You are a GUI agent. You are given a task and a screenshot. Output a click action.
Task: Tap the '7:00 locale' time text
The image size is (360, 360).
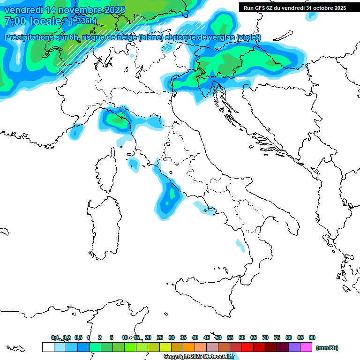tap(33, 21)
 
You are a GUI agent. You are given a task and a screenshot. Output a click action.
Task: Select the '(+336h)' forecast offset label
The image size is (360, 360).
tap(83, 21)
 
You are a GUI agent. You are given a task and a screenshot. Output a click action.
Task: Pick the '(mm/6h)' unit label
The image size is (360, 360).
tap(327, 348)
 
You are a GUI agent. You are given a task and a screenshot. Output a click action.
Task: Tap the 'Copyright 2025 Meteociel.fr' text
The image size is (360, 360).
tap(199, 357)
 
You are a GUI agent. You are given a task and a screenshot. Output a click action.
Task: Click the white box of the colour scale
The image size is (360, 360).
tap(48, 347)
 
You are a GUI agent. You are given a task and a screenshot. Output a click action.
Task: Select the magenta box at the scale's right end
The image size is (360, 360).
tap(306, 347)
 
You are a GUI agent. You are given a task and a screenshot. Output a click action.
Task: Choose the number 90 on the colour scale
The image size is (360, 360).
tap(312, 337)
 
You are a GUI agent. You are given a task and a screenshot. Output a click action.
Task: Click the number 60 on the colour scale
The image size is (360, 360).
tap(242, 337)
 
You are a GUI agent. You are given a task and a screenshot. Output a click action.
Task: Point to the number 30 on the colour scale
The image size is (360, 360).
tap(172, 337)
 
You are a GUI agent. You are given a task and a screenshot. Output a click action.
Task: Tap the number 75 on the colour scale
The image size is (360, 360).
tap(277, 337)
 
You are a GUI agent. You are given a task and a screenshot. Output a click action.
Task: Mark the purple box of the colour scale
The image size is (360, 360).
tap(294, 347)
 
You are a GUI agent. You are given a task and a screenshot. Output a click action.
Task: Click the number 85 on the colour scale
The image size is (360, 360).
tap(300, 337)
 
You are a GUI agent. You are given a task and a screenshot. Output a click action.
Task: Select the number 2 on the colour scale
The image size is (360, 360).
tap(100, 337)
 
